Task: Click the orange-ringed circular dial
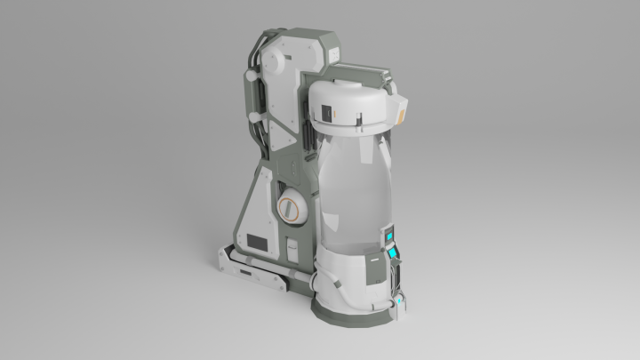click(291, 209)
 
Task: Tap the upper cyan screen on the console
click(388, 236)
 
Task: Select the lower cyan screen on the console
click(392, 259)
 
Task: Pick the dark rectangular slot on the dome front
click(327, 112)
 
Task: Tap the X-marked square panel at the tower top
click(334, 55)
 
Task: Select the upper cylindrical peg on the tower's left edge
click(250, 78)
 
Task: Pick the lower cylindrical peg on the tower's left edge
click(255, 116)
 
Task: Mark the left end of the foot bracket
click(222, 259)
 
